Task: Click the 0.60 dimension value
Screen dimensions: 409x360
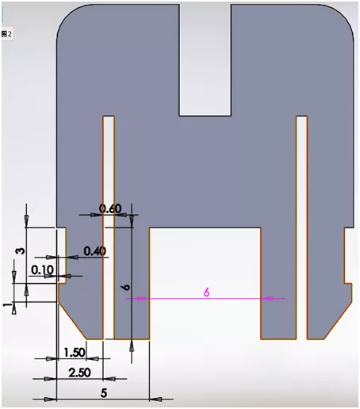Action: [x=110, y=209]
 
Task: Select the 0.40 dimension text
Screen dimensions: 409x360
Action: [x=94, y=251]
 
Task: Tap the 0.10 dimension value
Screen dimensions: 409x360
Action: [x=42, y=270]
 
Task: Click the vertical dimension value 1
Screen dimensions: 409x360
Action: [x=9, y=305]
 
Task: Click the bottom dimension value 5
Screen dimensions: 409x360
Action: [x=104, y=391]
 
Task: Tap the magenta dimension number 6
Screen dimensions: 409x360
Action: [x=206, y=292]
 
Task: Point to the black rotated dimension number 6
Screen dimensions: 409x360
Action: [x=126, y=289]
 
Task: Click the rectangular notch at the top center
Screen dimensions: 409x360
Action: [x=205, y=59]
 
